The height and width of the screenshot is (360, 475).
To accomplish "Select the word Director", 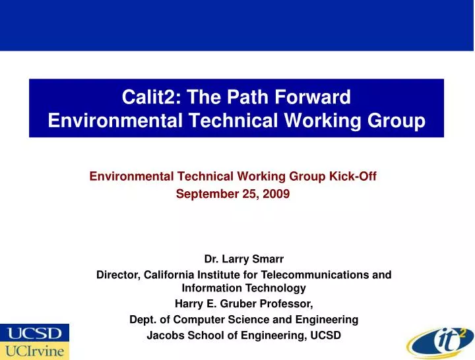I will [x=116, y=274].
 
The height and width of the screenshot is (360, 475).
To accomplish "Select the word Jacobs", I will [x=162, y=336].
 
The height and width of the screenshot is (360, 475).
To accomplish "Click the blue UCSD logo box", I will [x=34, y=332].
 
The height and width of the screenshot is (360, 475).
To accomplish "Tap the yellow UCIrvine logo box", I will [x=34, y=351].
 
